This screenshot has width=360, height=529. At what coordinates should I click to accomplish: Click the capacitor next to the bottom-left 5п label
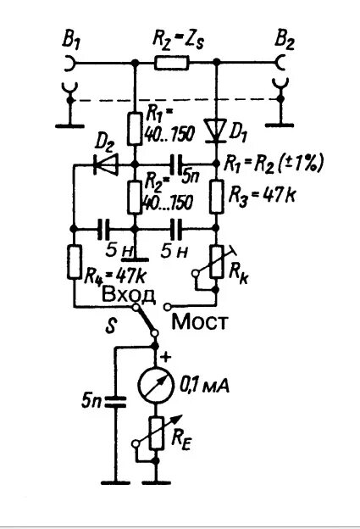(x=115, y=400)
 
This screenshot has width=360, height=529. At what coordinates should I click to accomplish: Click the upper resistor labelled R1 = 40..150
(x=136, y=127)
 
